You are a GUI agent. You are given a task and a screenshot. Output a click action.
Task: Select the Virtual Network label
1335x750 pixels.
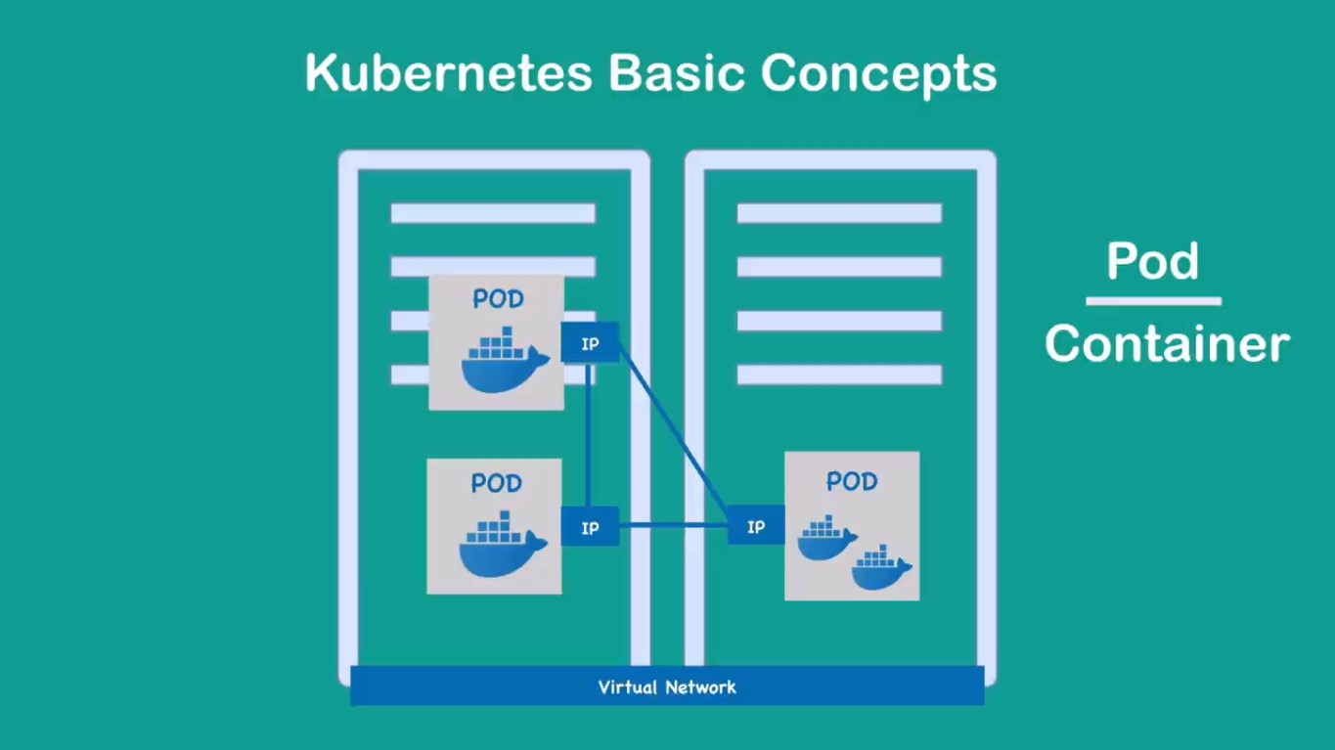(667, 687)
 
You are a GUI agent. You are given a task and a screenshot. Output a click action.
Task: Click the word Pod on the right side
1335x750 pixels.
(1152, 262)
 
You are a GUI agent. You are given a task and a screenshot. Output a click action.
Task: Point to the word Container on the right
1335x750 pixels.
(1166, 344)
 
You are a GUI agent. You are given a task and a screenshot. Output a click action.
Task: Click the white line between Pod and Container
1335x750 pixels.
(1153, 301)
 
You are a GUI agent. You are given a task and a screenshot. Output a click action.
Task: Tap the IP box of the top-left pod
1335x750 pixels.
(590, 343)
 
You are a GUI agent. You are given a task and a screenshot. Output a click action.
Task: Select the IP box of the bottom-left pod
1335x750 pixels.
(590, 527)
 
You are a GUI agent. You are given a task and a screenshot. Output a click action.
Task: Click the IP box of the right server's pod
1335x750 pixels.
(756, 526)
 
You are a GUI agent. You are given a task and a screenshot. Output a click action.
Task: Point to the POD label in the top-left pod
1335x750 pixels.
(498, 299)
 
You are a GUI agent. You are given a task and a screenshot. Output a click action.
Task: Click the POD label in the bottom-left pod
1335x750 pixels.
(496, 483)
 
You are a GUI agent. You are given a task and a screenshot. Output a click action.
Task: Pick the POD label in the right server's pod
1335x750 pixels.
(852, 481)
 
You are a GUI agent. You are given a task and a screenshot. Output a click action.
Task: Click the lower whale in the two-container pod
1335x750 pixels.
(881, 568)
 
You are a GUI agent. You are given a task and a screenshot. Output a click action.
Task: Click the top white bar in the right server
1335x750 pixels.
(839, 213)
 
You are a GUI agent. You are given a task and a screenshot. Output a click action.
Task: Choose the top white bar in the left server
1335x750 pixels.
(493, 213)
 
